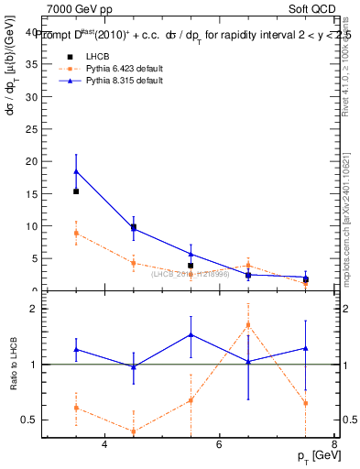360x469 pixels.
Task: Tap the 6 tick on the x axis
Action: click(219, 444)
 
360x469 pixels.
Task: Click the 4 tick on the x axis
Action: click(104, 444)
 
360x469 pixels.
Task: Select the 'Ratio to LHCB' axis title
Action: click(12, 365)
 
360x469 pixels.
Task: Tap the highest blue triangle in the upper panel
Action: click(76, 171)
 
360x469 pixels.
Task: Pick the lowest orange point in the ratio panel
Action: click(134, 431)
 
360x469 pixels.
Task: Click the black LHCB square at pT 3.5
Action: click(76, 191)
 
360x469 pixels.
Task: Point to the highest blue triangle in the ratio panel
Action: click(191, 334)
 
